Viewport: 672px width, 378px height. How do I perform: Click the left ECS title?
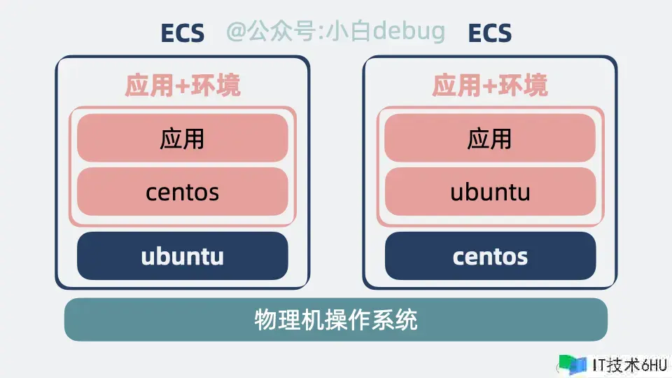click(183, 33)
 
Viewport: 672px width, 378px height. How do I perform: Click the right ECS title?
click(490, 33)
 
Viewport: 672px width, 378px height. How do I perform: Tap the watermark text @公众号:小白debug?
click(335, 31)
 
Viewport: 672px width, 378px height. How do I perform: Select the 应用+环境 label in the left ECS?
click(183, 85)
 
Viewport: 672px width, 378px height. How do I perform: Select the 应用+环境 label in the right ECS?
click(490, 85)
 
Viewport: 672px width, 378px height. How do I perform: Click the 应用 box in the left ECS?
click(183, 138)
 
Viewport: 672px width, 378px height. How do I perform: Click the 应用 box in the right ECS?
click(490, 138)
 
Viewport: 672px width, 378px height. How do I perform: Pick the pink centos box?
click(183, 192)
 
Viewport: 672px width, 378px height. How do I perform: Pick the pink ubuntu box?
click(490, 192)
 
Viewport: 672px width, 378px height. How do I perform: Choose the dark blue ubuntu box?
click(183, 256)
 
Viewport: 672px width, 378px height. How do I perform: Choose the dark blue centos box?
click(490, 256)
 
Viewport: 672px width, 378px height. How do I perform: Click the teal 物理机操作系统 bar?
click(336, 320)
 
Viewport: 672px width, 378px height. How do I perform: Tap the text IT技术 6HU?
click(630, 365)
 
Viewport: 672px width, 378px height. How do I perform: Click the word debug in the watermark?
click(408, 31)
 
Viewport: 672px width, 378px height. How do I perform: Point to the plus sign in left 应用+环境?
click(182, 86)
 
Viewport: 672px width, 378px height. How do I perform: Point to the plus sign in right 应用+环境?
click(489, 86)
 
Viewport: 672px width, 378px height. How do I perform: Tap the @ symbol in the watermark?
click(236, 31)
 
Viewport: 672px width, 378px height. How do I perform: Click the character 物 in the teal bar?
click(266, 320)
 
